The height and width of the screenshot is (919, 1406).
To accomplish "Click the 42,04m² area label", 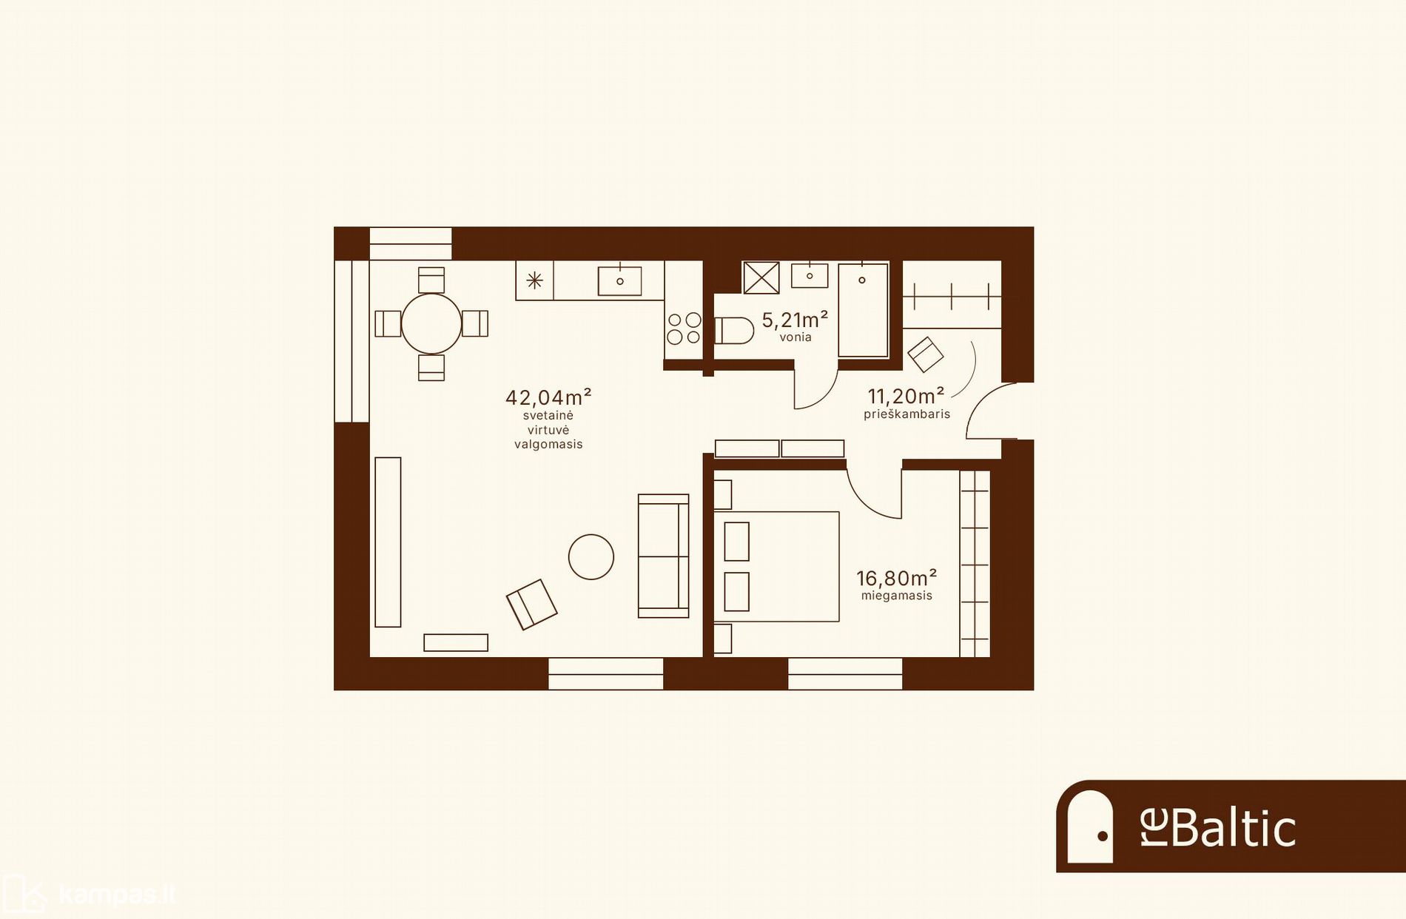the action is tap(548, 397).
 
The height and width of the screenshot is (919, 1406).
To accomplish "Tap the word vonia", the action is tap(795, 337).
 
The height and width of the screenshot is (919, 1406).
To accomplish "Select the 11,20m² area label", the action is tap(906, 396).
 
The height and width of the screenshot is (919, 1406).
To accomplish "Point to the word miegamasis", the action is tap(896, 596).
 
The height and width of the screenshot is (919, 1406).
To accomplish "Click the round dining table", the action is tap(431, 323).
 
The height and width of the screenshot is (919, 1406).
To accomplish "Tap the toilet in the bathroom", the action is tap(733, 331).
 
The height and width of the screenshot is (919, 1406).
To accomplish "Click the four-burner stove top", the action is tap(684, 329).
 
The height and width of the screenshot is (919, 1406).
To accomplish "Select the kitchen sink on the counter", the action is tap(619, 281).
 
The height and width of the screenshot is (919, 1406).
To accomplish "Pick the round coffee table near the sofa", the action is tap(591, 556).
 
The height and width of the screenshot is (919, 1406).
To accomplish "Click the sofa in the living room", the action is tap(663, 556).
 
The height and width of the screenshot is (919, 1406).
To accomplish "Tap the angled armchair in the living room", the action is tap(531, 604).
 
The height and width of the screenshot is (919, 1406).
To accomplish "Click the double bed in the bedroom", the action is tap(776, 567).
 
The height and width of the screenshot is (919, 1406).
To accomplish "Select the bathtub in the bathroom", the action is tap(863, 311).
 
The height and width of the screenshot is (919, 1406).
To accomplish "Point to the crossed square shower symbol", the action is tap(761, 278).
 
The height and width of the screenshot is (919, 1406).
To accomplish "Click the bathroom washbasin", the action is tap(810, 275).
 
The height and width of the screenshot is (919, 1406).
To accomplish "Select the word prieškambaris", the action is tap(906, 414).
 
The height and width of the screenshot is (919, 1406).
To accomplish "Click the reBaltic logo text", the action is tap(1218, 827).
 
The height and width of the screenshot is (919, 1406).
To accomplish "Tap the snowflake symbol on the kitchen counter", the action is tap(534, 280).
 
